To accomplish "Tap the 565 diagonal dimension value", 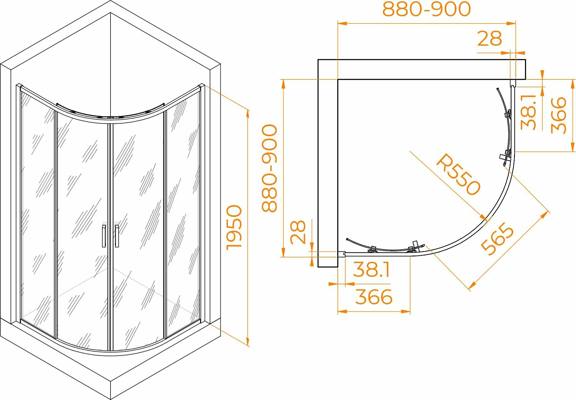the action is [497, 238].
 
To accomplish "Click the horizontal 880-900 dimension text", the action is [426, 9].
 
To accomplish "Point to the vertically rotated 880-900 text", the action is [270, 168].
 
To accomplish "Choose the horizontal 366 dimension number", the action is [374, 297].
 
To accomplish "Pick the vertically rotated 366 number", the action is [559, 115].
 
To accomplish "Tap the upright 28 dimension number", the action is [490, 39].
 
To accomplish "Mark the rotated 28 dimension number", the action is [298, 232].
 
